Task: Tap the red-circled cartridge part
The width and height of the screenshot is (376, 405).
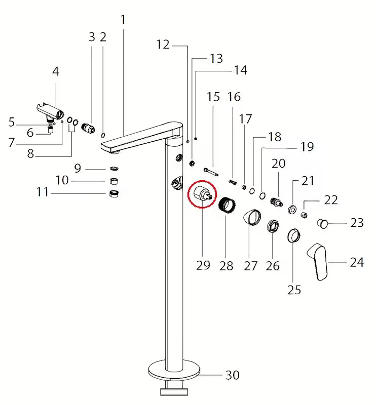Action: click(202, 196)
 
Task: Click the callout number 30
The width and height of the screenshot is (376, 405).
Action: click(232, 375)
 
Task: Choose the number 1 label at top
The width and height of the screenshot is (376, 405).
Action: click(123, 20)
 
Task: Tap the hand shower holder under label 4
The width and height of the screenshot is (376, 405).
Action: click(51, 109)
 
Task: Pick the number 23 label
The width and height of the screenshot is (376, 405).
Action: click(357, 222)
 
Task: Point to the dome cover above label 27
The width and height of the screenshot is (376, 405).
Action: click(252, 219)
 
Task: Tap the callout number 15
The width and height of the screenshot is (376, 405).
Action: click(213, 97)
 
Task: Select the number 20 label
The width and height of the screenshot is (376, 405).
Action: click(279, 164)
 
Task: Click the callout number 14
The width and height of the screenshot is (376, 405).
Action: click(240, 70)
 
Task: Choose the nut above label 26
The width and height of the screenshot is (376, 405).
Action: click(273, 225)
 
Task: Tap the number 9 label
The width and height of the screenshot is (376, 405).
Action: click(77, 168)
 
